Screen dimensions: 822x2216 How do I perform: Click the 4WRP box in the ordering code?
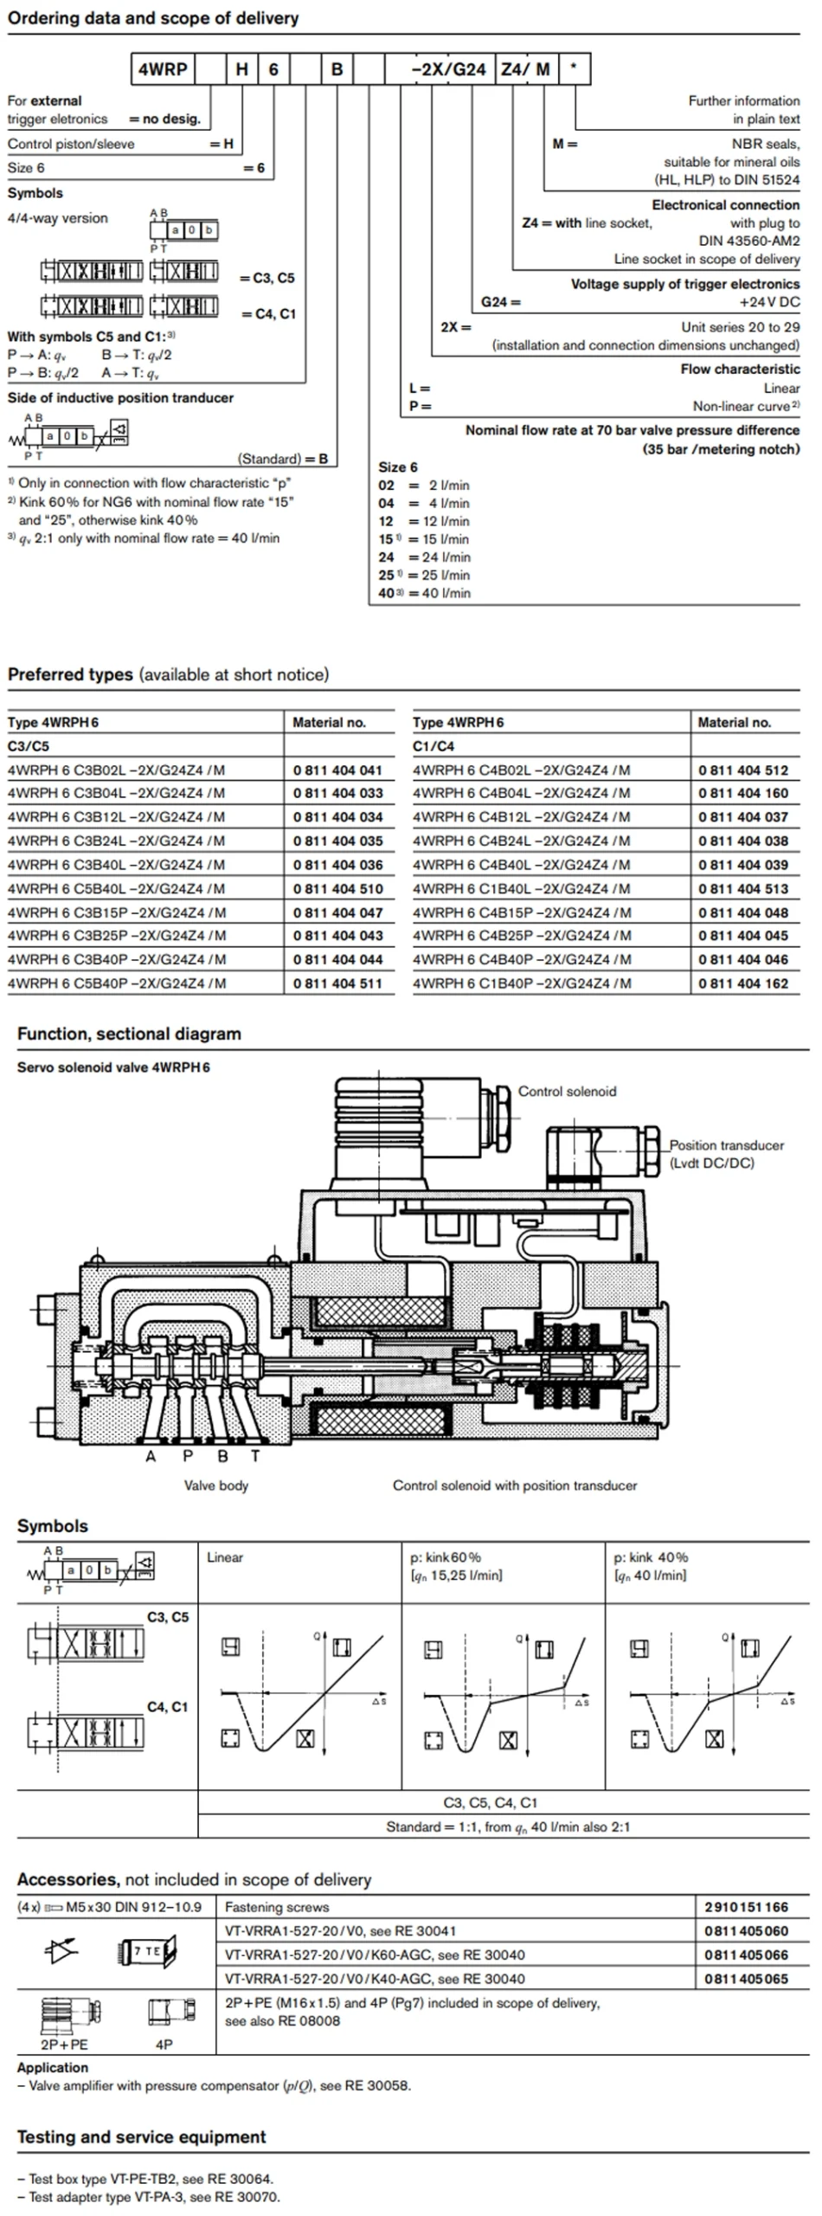click(x=164, y=69)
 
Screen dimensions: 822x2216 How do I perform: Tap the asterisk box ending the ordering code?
click(x=573, y=69)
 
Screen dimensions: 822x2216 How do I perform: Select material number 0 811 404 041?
click(x=337, y=770)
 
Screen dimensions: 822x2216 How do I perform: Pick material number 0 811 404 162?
click(x=743, y=982)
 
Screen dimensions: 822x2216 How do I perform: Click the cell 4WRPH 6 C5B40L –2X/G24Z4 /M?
click(x=117, y=888)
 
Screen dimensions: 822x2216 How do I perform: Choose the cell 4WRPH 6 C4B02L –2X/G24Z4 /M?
click(x=522, y=770)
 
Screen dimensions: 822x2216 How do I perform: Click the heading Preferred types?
click(x=71, y=674)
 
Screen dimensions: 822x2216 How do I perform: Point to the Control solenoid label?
click(x=567, y=1091)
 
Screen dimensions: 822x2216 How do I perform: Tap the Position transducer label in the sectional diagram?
click(x=726, y=1144)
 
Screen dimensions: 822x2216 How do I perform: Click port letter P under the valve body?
click(x=188, y=1456)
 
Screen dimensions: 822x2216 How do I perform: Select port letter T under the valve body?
click(x=255, y=1456)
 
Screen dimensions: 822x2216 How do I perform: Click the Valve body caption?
click(x=216, y=1485)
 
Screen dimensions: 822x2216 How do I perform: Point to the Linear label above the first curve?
click(x=225, y=1557)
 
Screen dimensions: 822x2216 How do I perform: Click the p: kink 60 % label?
click(x=446, y=1557)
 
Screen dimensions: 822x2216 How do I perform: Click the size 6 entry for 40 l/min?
click(x=424, y=593)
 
